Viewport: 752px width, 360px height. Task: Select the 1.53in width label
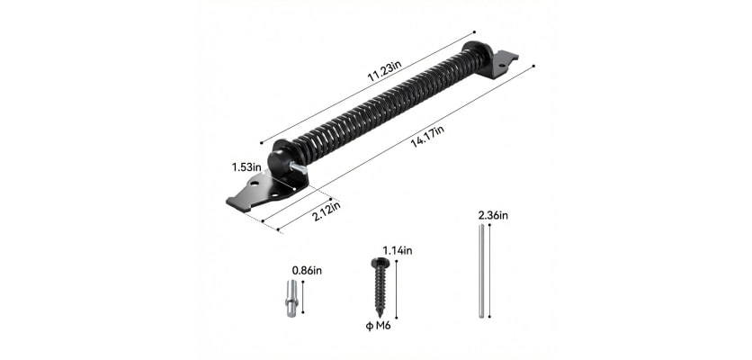pyautogui.click(x=245, y=166)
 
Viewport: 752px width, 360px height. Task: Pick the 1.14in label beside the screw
pyautogui.click(x=396, y=249)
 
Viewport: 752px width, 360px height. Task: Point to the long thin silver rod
pyautogui.click(x=481, y=273)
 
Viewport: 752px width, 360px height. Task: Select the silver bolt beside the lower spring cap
pyautogui.click(x=299, y=168)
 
